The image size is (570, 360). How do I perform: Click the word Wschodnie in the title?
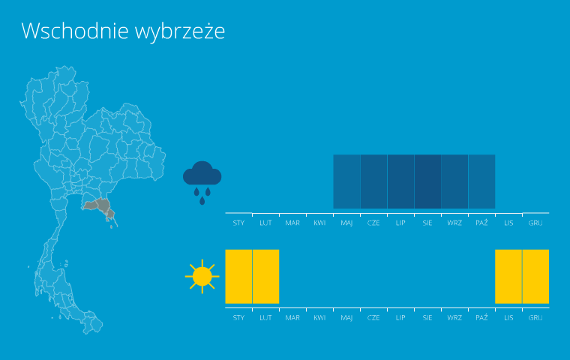pyautogui.click(x=75, y=31)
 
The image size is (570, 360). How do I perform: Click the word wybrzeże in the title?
pyautogui.click(x=180, y=32)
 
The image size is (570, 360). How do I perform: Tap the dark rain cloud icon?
pyautogui.click(x=202, y=182)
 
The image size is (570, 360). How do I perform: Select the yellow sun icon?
pyautogui.click(x=202, y=276)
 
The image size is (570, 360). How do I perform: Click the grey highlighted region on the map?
pyautogui.click(x=100, y=206)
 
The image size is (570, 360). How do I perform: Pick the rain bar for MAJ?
pyautogui.click(x=346, y=181)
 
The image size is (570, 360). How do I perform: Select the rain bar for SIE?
pyautogui.click(x=427, y=181)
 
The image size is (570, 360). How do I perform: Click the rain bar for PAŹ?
pyautogui.click(x=482, y=181)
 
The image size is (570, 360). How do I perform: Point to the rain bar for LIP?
pyautogui.click(x=401, y=181)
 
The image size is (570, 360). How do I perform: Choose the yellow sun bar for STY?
pyautogui.click(x=238, y=276)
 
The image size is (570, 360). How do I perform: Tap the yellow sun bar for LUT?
pyautogui.click(x=265, y=276)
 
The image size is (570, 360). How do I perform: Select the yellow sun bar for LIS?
pyautogui.click(x=508, y=276)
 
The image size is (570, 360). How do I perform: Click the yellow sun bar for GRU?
pyautogui.click(x=535, y=276)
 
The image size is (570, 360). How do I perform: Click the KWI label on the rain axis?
pyautogui.click(x=320, y=223)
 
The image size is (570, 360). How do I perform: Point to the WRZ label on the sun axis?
pyautogui.click(x=454, y=318)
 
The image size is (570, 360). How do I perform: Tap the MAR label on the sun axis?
pyautogui.click(x=292, y=318)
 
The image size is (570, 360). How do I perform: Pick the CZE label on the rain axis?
pyautogui.click(x=373, y=223)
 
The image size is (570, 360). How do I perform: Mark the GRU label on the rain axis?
pyautogui.click(x=535, y=223)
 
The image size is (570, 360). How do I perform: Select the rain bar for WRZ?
pyautogui.click(x=454, y=181)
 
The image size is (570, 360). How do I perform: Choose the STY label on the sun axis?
pyautogui.click(x=238, y=318)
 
